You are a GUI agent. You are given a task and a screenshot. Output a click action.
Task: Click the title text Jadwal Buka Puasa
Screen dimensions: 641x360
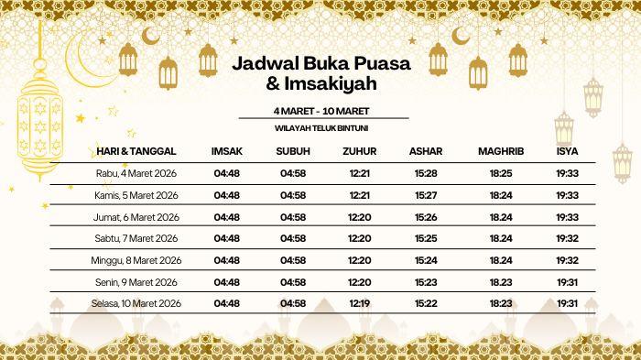pos(320,65)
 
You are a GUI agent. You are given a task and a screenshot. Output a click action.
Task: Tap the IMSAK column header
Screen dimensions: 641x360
pos(226,150)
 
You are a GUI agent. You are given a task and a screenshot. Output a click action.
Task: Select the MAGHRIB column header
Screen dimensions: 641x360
pos(501,150)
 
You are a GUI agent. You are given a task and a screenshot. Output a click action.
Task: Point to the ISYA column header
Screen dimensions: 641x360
pos(567,150)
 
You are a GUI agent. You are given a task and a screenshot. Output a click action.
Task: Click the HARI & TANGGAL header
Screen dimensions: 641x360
pos(136,150)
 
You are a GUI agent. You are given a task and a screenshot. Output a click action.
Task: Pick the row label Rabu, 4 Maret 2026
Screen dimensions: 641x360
pos(136,173)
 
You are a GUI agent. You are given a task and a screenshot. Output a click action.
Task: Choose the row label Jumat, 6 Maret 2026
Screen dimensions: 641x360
pos(136,217)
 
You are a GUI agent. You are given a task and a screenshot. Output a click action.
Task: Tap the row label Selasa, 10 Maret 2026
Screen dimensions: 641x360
pos(136,303)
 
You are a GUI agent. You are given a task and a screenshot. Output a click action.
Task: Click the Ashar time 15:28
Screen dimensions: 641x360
pos(425,173)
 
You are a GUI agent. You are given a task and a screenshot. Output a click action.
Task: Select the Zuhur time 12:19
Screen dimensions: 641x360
pos(360,303)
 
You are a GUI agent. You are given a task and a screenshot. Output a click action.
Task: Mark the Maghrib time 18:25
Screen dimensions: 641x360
pos(501,173)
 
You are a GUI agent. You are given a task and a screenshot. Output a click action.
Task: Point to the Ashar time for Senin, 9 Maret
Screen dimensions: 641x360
pos(425,282)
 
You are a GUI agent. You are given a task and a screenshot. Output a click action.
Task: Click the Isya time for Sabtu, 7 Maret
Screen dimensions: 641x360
pos(567,238)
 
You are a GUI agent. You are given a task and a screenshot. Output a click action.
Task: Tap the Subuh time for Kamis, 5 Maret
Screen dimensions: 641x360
pos(293,195)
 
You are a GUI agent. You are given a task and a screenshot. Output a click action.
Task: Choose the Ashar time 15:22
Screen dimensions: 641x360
pos(425,303)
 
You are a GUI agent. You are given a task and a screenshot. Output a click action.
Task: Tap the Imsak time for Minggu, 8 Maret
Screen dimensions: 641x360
pos(226,260)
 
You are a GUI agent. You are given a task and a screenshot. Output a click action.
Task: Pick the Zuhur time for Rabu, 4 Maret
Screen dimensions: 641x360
pos(360,173)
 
